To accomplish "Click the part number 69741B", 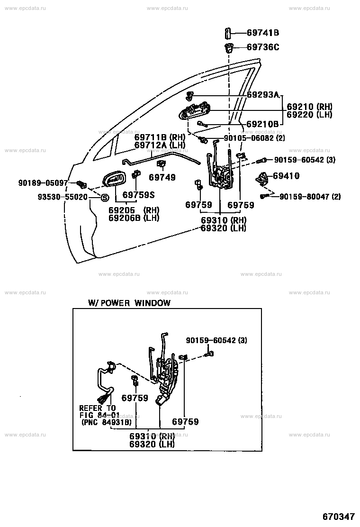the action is (263, 33).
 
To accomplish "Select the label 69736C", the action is (263, 47).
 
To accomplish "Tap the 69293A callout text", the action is (263, 95).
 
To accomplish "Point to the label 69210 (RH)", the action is (309, 107).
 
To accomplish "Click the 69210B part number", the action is (262, 124).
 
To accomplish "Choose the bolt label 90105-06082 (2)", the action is (254, 138).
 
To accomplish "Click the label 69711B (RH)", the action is (160, 137).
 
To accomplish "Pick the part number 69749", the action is (162, 177).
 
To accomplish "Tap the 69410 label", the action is (286, 175).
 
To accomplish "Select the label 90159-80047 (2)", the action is (310, 196).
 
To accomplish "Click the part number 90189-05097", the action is (43, 183).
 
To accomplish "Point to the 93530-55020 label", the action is (63, 197).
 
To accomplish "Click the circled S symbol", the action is (105, 198).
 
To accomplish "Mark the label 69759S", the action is (138, 195).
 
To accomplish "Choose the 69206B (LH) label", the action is (134, 218).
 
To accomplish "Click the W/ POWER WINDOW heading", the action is (129, 303).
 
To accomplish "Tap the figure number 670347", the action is (339, 517).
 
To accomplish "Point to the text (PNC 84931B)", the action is (107, 422).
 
